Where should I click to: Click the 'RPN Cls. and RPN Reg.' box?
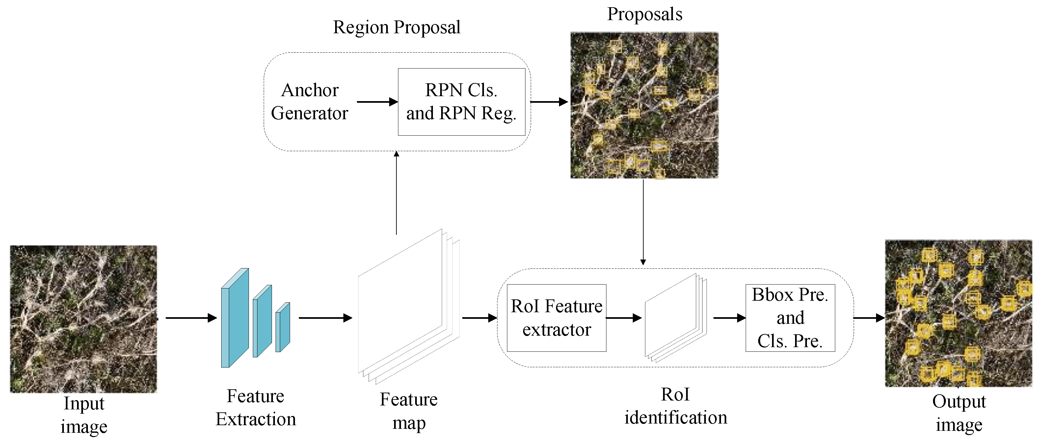462,102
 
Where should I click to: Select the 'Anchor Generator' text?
309,101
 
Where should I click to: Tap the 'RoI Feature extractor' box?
556,318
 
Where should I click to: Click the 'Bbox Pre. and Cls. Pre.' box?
790,318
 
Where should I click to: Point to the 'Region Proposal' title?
396,27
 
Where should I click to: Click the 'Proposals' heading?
645,14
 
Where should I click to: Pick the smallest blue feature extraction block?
282,328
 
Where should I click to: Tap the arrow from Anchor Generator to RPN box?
377,102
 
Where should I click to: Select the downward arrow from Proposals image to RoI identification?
643,222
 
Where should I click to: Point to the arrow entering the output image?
868,318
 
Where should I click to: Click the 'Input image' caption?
84,415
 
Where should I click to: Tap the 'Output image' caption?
959,413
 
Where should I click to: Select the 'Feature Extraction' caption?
255,408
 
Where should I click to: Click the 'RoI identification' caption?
675,406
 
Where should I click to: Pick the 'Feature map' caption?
409,411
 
